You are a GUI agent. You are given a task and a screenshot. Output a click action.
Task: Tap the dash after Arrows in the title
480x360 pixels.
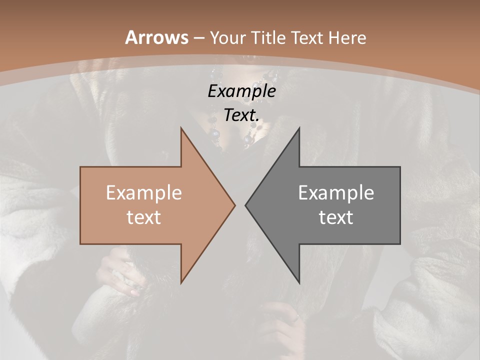point(198,38)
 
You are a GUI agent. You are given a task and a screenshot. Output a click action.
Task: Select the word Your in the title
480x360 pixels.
point(224,38)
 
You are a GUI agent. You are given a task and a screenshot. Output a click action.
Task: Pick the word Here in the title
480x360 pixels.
point(347,38)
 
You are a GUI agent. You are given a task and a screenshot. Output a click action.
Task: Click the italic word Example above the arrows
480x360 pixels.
point(241,91)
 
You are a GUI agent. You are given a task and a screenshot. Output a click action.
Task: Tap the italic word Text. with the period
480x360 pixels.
point(241,115)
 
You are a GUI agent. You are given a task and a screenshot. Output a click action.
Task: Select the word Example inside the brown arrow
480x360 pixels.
point(144,193)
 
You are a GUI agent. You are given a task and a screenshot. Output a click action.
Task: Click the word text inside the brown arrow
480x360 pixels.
point(144,217)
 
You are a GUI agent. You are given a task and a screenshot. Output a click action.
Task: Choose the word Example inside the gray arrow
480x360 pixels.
point(336,193)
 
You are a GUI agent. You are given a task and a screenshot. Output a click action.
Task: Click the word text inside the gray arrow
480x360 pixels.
point(336,217)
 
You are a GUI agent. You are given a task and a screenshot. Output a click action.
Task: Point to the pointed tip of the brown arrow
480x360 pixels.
point(234,205)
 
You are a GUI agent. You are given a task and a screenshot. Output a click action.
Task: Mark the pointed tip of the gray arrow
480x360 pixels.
point(246,205)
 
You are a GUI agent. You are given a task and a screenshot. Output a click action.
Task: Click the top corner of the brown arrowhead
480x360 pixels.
point(181,128)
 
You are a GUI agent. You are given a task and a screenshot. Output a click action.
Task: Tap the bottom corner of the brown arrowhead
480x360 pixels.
point(181,282)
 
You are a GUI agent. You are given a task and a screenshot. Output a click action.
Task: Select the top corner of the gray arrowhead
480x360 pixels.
point(299,128)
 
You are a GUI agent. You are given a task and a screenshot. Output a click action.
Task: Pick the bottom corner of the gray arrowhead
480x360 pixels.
point(299,282)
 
